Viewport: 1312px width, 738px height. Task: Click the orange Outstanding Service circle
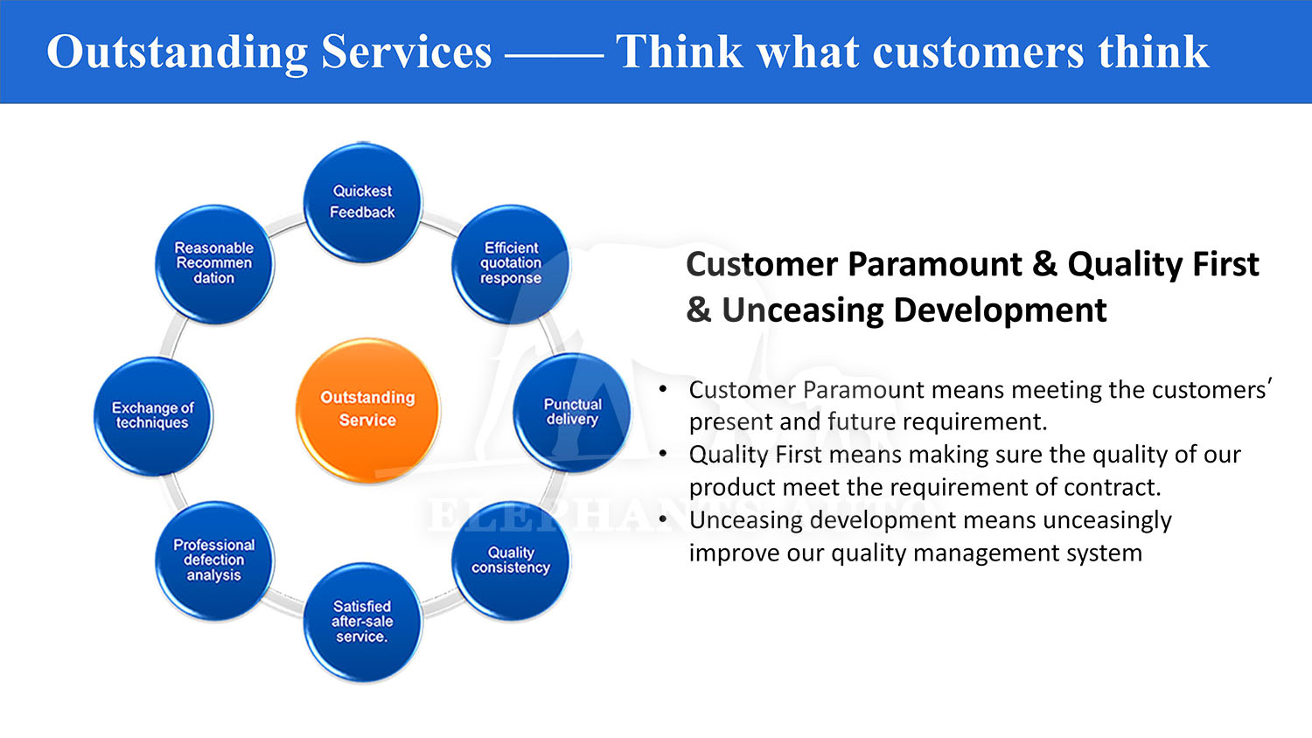coord(368,410)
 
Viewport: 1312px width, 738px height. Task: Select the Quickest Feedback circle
coord(363,203)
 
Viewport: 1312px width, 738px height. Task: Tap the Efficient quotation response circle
coord(511,263)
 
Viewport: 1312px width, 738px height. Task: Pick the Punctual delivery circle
coord(572,413)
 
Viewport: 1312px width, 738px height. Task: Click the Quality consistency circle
coord(511,561)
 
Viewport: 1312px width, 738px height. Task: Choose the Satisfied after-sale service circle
coord(363,622)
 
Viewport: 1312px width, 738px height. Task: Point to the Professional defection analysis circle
coord(214,560)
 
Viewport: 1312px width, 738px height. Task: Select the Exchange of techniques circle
coord(153,416)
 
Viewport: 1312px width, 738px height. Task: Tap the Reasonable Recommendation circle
coord(214,263)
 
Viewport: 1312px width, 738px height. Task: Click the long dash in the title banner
coord(554,56)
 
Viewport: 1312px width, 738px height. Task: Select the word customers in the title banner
coord(978,52)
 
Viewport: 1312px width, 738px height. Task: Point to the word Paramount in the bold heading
coord(935,264)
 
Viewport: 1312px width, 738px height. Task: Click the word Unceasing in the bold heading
coord(802,310)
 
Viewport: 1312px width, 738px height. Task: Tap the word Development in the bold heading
coord(1001,310)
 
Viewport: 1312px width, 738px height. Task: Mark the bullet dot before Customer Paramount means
coord(663,389)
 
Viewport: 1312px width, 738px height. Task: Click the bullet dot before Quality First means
coord(663,453)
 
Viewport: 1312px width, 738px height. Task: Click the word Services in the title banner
coord(407,52)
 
